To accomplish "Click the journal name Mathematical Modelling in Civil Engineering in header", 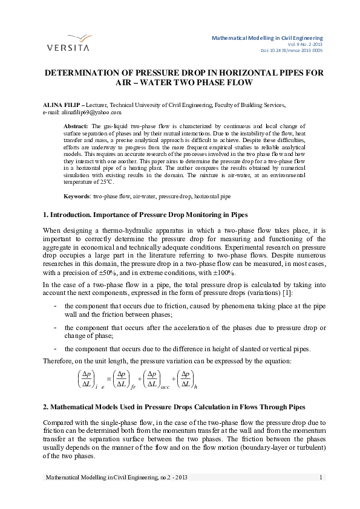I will tap(267, 37).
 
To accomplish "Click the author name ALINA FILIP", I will tap(61, 105).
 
